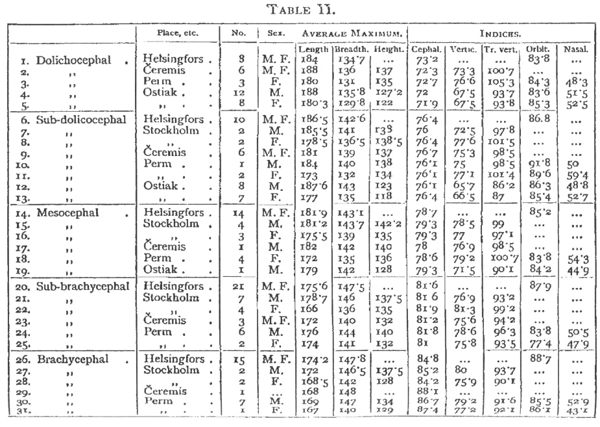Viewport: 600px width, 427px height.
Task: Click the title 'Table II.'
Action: click(x=300, y=9)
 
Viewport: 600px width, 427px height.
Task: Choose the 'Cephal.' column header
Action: click(x=426, y=49)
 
